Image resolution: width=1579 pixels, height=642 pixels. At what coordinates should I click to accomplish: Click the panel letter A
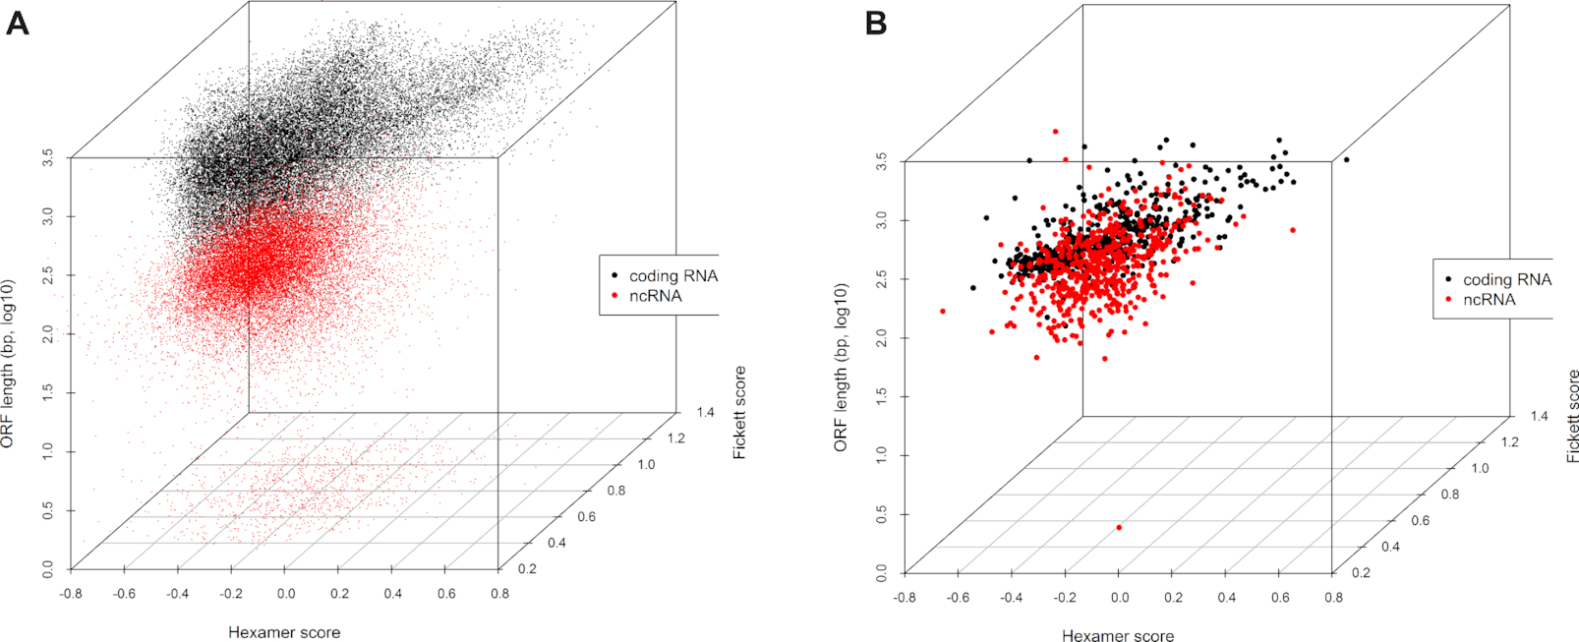[x=17, y=23]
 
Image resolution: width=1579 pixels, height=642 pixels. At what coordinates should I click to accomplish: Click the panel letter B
[x=875, y=23]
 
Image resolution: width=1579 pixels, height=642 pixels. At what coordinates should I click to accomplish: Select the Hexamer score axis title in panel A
[x=284, y=632]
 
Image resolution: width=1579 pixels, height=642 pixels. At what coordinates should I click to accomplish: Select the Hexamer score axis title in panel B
[x=1118, y=636]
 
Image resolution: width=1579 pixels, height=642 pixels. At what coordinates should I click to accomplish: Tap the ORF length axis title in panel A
[x=8, y=364]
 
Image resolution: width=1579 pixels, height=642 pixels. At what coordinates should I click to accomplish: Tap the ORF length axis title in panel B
[x=842, y=368]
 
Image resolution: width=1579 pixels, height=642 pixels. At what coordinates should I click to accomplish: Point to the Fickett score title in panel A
[x=740, y=412]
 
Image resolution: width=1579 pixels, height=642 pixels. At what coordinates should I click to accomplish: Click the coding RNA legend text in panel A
[x=673, y=276]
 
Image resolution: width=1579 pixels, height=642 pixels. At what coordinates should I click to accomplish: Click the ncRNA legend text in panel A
[x=655, y=296]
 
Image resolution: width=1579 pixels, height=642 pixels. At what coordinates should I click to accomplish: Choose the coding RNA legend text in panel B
[x=1507, y=280]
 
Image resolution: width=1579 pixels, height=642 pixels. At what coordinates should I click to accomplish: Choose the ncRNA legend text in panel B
[x=1489, y=300]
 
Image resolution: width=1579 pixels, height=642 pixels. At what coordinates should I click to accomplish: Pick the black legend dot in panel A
[x=615, y=276]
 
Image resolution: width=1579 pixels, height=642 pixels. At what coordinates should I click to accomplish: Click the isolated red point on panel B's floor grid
[x=1119, y=528]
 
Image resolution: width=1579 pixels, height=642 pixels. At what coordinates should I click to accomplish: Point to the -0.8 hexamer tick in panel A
[x=71, y=594]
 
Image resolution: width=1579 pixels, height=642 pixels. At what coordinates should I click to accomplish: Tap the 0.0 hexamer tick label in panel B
[x=1119, y=598]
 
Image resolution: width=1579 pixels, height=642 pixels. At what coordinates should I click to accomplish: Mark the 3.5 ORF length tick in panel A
[x=48, y=157]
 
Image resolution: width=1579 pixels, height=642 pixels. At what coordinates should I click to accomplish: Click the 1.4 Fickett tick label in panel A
[x=705, y=413]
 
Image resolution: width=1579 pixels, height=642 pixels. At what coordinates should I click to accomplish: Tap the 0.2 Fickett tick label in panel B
[x=1361, y=573]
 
